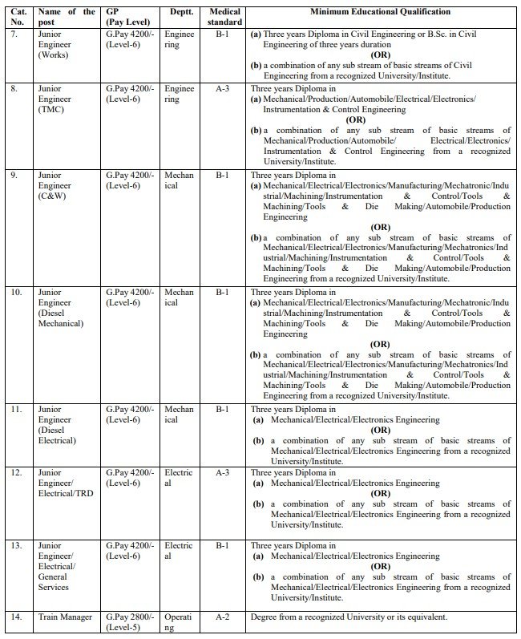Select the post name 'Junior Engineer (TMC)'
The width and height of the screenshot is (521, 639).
point(55,99)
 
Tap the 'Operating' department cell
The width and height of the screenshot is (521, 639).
point(178,622)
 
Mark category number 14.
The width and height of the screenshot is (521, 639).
point(17,617)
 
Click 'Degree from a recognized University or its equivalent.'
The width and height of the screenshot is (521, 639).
point(349,617)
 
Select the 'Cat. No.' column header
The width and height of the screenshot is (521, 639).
point(17,17)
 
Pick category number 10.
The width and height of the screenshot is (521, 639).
point(17,293)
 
